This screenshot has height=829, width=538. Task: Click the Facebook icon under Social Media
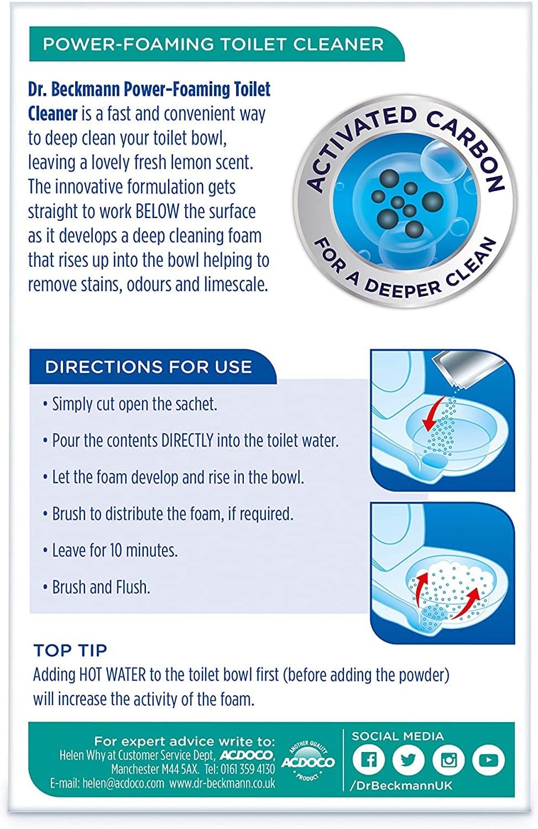point(368,760)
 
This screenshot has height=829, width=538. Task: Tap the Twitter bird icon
point(408,760)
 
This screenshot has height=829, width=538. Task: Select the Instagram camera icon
point(448,760)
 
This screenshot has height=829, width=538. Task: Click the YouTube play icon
point(488,760)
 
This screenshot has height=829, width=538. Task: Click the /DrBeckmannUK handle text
point(401,786)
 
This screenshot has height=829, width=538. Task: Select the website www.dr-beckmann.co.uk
point(222,783)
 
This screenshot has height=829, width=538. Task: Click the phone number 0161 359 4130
point(247,769)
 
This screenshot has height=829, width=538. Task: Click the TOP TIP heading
point(70,650)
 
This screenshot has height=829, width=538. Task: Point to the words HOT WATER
point(112,675)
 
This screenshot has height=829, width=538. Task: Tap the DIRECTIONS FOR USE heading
point(148,367)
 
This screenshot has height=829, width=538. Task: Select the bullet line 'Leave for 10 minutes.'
point(111,550)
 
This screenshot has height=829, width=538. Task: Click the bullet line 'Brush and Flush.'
point(97,587)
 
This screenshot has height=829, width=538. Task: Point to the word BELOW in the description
point(157,211)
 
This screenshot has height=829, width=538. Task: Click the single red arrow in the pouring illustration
point(433,413)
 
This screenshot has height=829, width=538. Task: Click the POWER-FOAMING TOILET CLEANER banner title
point(213,44)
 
